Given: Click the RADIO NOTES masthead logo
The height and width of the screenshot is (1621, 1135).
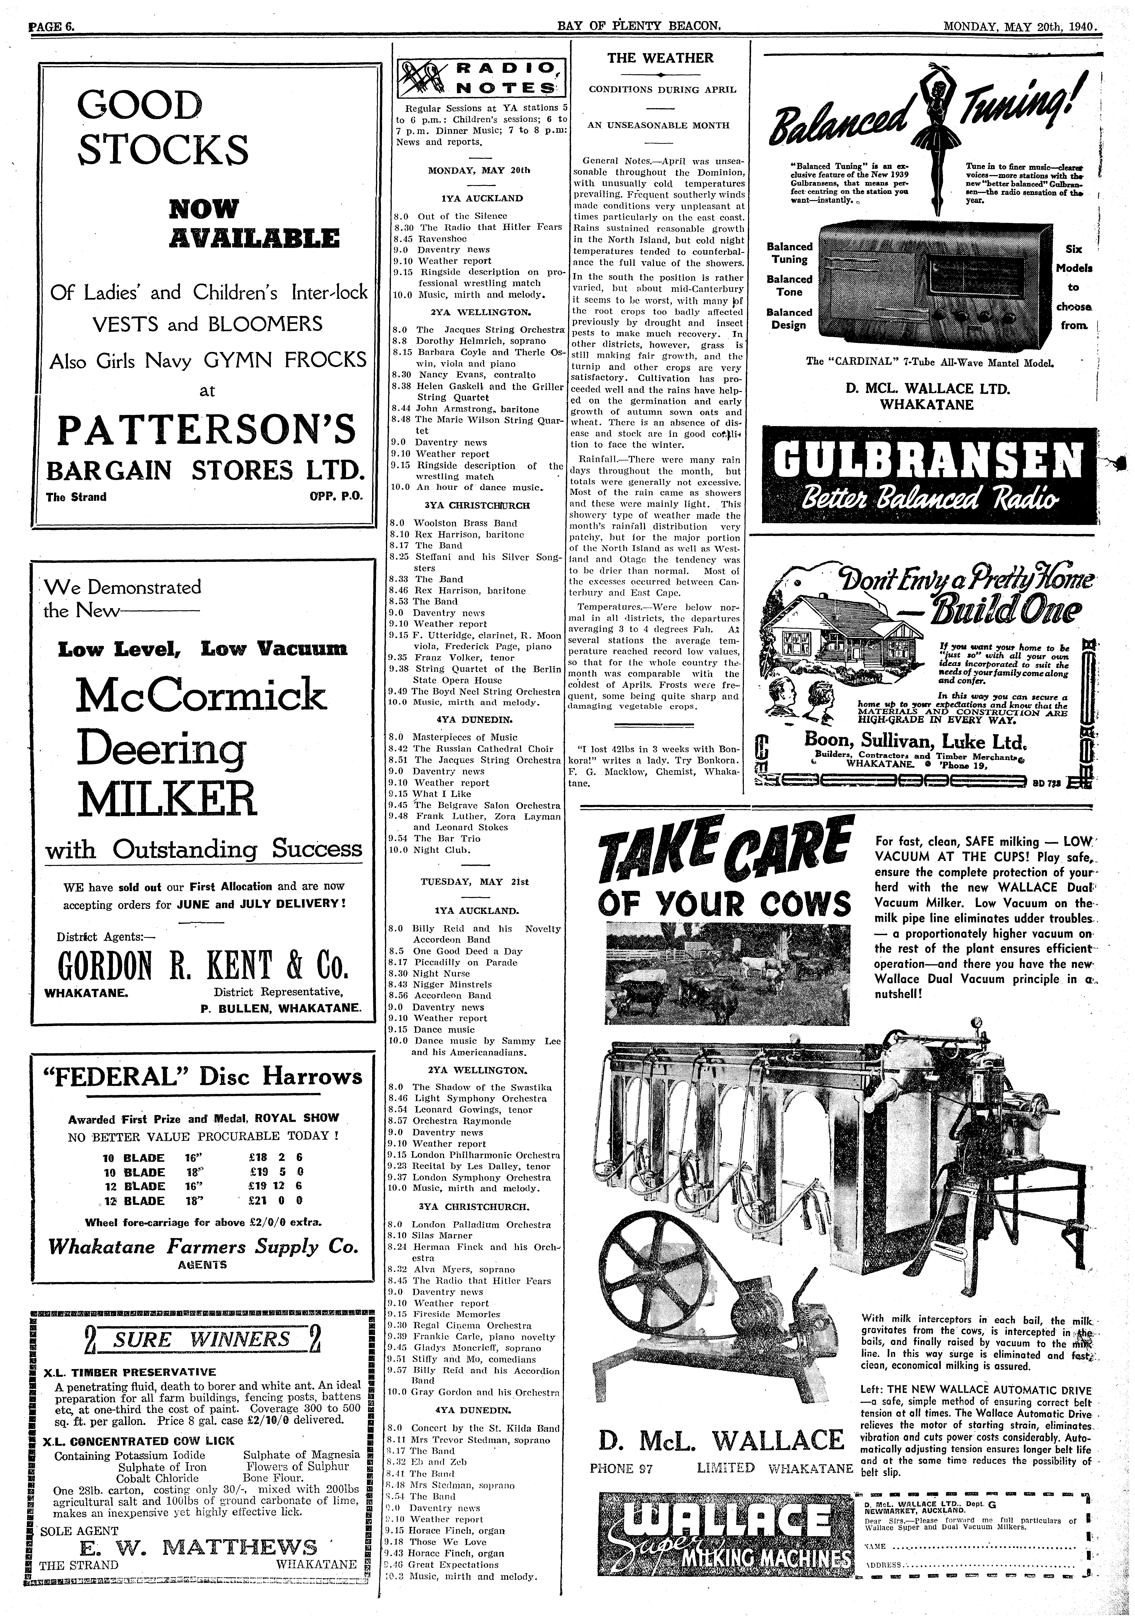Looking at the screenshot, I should pos(483,78).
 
